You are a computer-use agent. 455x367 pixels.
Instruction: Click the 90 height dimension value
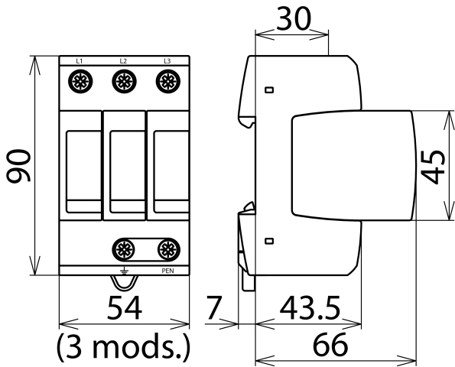point(18,166)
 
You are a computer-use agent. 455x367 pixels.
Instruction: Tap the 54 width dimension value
point(125,307)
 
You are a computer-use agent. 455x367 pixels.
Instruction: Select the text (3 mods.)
point(123,346)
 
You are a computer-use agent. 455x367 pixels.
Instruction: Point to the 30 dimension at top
point(294,18)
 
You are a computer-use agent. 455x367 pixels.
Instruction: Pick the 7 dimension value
point(214,307)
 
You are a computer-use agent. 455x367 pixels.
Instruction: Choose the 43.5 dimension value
point(310,307)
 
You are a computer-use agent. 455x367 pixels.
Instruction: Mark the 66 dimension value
point(330,345)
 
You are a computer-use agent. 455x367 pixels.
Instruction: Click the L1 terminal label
point(80,61)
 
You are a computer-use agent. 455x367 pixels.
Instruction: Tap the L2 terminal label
point(123,61)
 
